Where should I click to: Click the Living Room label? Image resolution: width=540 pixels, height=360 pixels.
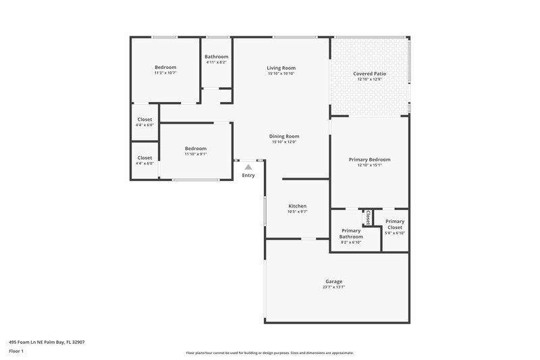(x=281, y=68)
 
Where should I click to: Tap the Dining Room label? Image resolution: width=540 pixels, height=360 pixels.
(x=285, y=136)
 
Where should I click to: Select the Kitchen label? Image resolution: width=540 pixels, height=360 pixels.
(x=298, y=206)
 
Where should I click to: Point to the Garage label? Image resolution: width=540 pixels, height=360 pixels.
(x=333, y=281)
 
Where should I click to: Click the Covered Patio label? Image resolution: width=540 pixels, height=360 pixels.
(x=369, y=74)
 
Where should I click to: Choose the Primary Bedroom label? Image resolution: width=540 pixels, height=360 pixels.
(x=369, y=159)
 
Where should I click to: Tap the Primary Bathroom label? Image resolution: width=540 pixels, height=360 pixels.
(x=351, y=234)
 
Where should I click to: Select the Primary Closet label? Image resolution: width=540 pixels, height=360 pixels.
(x=395, y=224)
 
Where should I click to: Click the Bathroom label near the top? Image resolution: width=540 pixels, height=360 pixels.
(x=217, y=57)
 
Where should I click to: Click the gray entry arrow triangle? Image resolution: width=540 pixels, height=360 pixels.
(x=248, y=166)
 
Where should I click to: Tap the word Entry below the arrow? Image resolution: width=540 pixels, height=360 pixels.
(x=248, y=176)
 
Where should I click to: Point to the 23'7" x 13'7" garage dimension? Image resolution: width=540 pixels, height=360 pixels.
(x=333, y=287)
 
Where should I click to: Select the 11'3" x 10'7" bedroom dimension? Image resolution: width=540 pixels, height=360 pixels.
(x=165, y=73)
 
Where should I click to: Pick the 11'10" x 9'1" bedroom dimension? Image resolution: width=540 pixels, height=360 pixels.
(x=196, y=154)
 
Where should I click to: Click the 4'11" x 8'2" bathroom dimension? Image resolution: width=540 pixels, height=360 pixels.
(x=217, y=63)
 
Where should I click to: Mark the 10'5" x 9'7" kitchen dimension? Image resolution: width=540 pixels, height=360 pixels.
(x=298, y=212)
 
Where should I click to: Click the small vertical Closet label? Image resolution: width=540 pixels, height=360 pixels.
(x=368, y=217)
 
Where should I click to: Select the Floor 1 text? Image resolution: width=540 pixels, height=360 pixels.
(x=17, y=351)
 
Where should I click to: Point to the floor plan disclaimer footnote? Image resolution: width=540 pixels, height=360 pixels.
(x=269, y=353)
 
